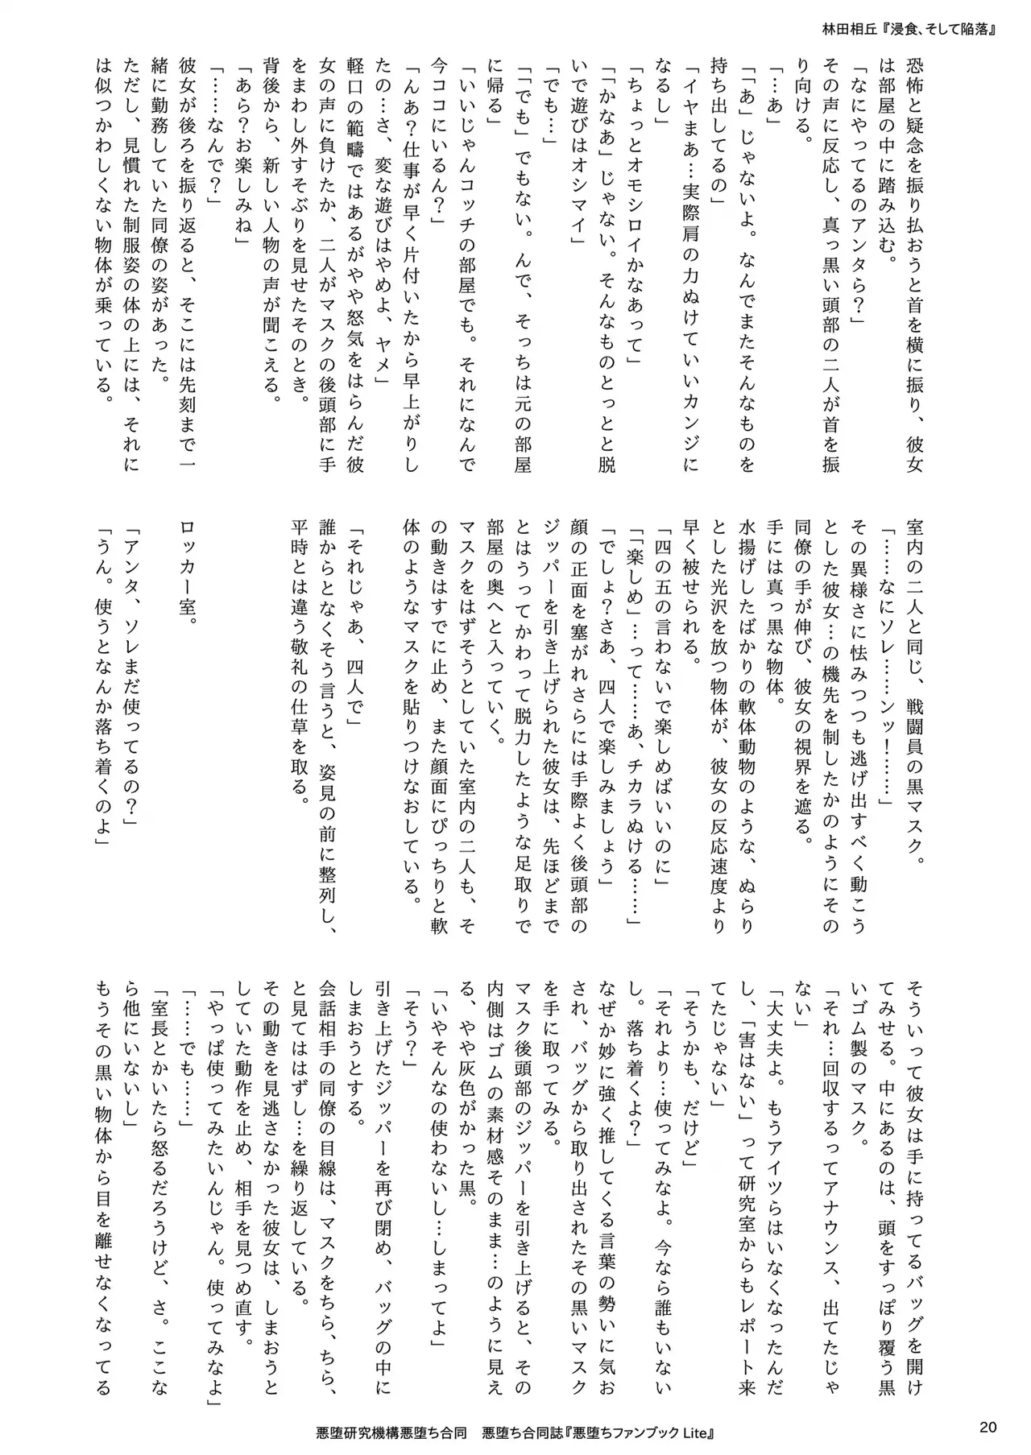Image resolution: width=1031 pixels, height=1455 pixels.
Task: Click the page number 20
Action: click(x=988, y=1427)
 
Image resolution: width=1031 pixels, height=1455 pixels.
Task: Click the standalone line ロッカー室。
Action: click(x=188, y=574)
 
